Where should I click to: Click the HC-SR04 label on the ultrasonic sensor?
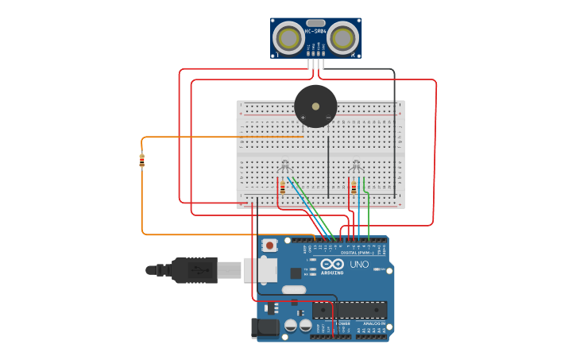(315, 31)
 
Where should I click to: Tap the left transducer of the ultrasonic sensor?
(288, 37)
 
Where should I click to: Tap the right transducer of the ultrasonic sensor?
(343, 37)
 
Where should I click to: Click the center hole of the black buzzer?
(315, 105)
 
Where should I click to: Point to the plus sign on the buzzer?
(303, 117)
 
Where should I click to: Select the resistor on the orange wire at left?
(142, 161)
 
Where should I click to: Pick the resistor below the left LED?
(283, 188)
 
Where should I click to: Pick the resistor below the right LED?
(354, 188)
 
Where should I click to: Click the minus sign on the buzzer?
(327, 117)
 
